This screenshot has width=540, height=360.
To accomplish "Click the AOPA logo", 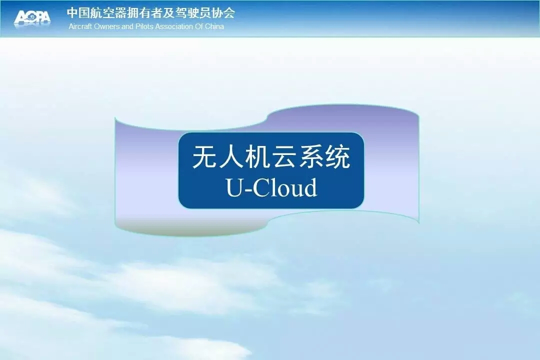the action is tap(32, 17).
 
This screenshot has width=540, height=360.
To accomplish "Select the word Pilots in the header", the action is tap(144, 26).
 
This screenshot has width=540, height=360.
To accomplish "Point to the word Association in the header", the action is tap(174, 26).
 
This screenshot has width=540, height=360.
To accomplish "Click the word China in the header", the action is tap(214, 26).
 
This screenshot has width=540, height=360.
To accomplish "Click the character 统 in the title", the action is tap(338, 156).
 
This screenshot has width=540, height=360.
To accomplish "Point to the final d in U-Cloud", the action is tap(310, 186).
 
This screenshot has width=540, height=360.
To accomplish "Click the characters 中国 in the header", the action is tap(78, 13).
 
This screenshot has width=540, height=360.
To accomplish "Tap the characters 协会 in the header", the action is tap(224, 13).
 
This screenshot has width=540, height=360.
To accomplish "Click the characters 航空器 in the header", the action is tap(108, 13).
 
